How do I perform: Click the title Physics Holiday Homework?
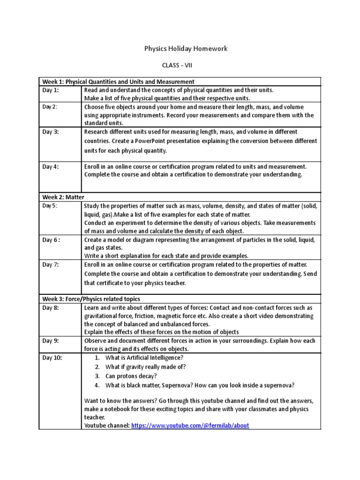(180, 49)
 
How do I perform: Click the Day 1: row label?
(51, 90)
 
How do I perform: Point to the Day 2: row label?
(50, 107)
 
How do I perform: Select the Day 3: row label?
(51, 132)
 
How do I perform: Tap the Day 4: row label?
(51, 166)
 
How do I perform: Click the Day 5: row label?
(50, 206)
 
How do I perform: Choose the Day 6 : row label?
(52, 240)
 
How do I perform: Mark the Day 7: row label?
(51, 265)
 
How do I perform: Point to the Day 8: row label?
(51, 307)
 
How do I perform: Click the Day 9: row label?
(51, 341)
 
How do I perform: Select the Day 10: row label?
(52, 358)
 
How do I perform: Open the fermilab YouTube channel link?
(190, 425)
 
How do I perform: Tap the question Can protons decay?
(131, 376)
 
